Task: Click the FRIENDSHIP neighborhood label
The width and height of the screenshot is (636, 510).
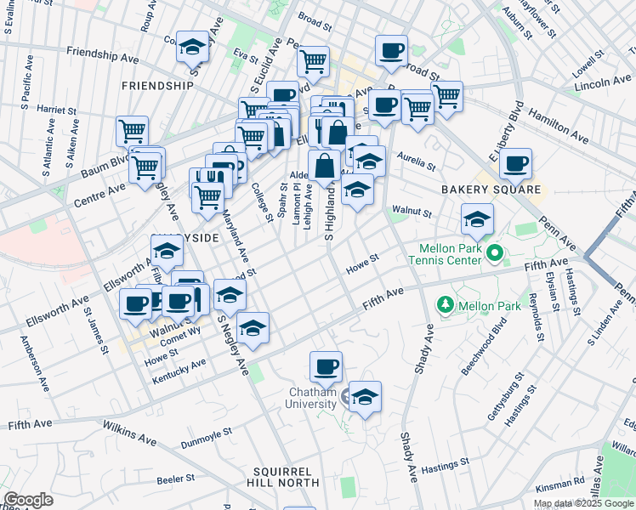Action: pyautogui.click(x=157, y=86)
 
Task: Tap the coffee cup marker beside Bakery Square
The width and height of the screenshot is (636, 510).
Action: pyautogui.click(x=515, y=163)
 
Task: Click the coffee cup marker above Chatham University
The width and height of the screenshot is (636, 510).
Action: pyautogui.click(x=326, y=366)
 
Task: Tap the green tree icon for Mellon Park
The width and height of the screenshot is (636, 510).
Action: pyautogui.click(x=445, y=303)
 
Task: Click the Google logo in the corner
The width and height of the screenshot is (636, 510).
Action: pyautogui.click(x=29, y=500)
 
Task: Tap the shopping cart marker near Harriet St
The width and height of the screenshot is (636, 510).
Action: pyautogui.click(x=132, y=131)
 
